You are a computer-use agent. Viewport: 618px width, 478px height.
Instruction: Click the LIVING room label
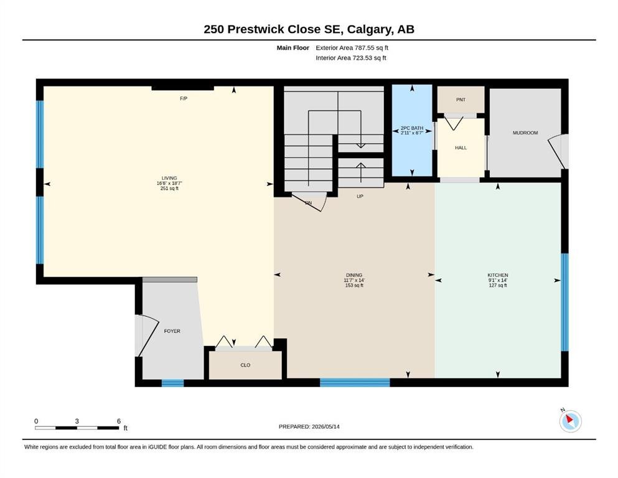[x=169, y=178]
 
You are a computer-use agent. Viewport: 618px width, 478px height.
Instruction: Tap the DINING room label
[x=354, y=275]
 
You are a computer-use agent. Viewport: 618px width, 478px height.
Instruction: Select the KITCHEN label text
[x=498, y=275]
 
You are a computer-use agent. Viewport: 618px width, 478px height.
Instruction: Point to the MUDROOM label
[x=525, y=133]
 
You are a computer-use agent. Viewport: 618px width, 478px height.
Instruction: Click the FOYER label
[x=172, y=331]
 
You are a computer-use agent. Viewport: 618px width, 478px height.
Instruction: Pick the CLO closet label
[x=245, y=365]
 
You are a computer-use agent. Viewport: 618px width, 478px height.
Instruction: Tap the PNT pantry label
[x=461, y=100]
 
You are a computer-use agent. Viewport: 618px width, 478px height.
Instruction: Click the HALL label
[x=461, y=148]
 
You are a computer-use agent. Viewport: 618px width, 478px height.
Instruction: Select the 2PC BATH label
[x=412, y=128]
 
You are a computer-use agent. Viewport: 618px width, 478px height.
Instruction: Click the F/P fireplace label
[x=183, y=98]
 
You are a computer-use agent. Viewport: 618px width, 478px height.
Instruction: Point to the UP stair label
[x=360, y=196]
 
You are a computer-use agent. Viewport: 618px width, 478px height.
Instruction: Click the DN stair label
[x=308, y=203]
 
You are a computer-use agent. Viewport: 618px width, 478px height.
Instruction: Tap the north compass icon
[x=570, y=421]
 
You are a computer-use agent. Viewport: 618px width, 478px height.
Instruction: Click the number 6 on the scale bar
[x=119, y=421]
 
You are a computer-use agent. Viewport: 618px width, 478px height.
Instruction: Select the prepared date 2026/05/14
[x=325, y=426]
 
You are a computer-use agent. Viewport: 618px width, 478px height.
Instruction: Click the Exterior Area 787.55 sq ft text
[x=352, y=48]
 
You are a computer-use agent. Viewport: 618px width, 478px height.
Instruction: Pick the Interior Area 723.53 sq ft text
[x=351, y=58]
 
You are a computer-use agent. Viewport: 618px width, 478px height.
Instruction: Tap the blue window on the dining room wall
[x=355, y=382]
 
